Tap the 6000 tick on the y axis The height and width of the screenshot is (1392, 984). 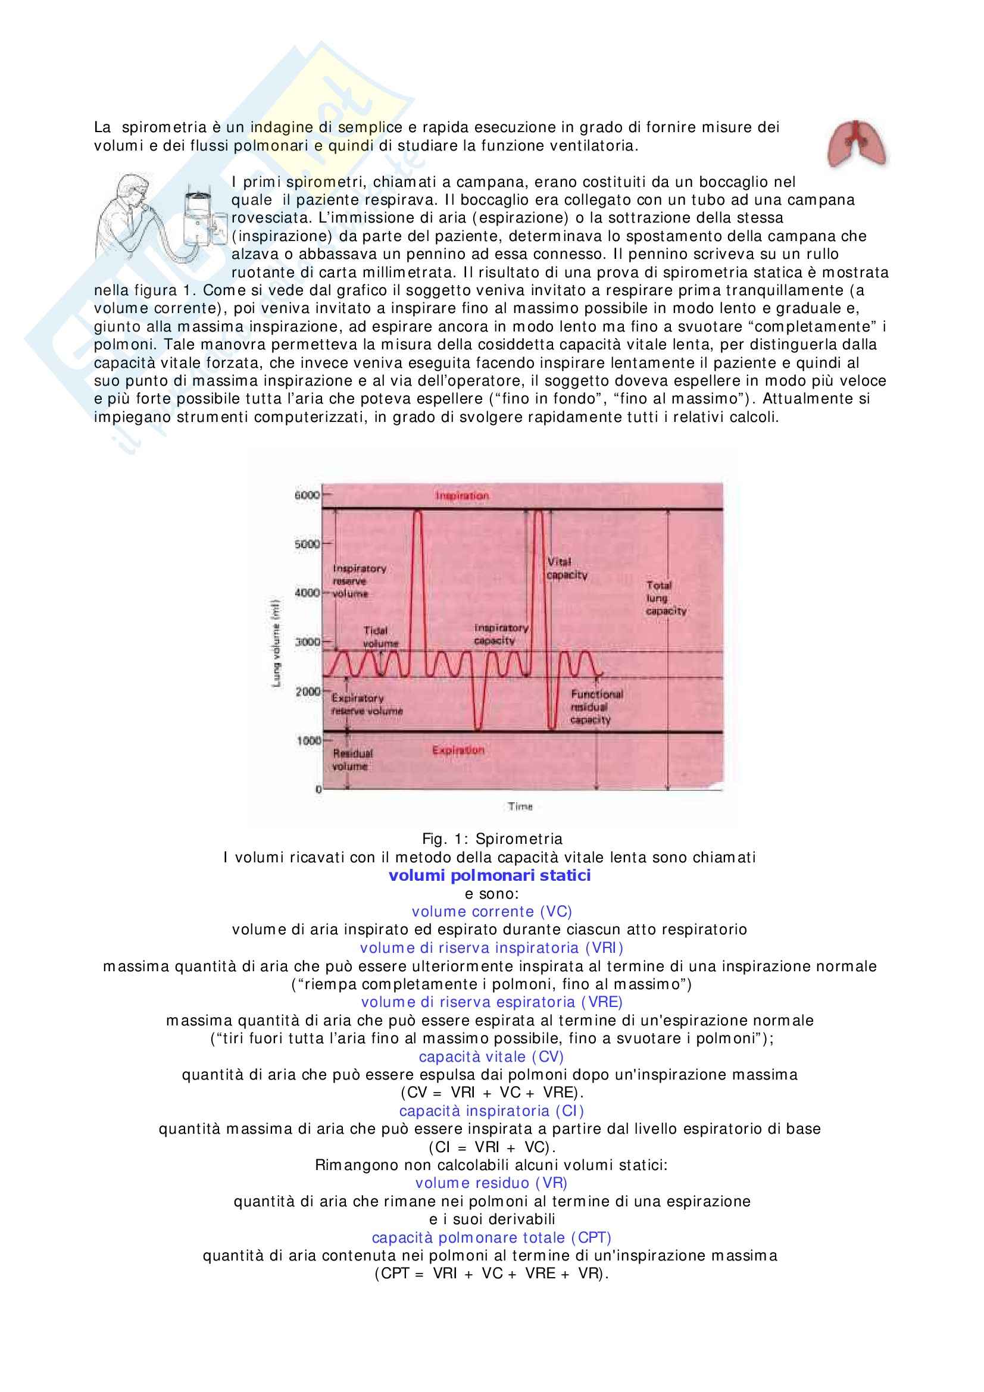(307, 495)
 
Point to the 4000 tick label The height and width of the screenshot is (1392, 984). (307, 592)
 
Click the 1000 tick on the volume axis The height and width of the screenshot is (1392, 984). (308, 740)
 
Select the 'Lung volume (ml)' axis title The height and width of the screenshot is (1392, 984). (276, 643)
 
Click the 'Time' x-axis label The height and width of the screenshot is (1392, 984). (520, 806)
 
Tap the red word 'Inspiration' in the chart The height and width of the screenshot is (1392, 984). (462, 496)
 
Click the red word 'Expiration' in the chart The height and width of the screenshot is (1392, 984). (458, 750)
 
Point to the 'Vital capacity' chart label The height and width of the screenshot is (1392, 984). (566, 568)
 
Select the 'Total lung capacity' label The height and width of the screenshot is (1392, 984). (665, 598)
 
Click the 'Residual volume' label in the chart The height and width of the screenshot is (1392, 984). (352, 759)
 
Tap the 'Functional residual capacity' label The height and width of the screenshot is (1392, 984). (596, 707)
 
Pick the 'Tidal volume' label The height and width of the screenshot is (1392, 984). (380, 637)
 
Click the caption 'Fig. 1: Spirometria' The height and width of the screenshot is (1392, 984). (492, 839)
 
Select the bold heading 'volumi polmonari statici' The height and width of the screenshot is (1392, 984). (489, 875)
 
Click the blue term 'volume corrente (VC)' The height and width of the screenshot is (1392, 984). (492, 911)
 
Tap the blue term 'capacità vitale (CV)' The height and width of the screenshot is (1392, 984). (491, 1056)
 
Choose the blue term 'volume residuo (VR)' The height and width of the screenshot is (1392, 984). (491, 1183)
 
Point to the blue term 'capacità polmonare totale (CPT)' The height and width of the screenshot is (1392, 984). (491, 1237)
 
